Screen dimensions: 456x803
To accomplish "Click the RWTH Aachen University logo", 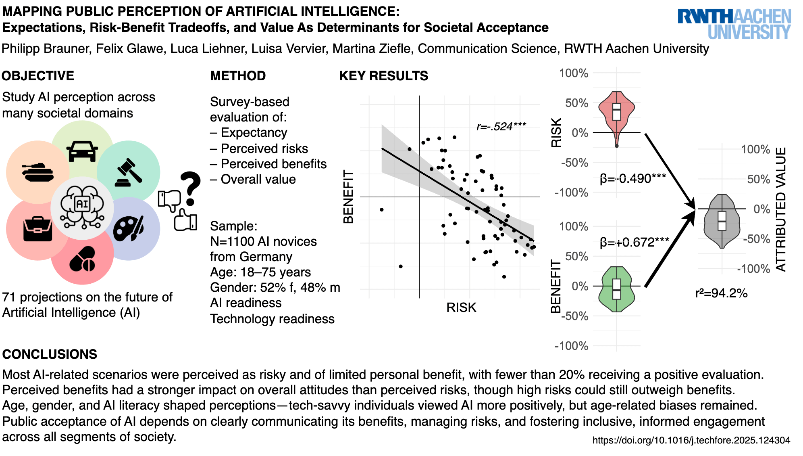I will pos(734,24).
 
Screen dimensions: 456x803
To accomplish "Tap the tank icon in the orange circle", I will pos(38,172).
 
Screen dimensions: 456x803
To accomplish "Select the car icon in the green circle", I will pos(82,151).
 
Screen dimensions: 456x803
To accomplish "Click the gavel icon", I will pos(129,172).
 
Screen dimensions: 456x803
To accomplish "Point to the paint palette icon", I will pos(129,229).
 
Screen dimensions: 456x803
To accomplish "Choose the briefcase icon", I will pos(37,229).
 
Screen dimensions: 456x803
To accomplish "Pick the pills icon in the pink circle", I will pos(82,259).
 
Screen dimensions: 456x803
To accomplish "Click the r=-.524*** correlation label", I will pos(501,127).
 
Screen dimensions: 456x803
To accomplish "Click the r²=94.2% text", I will pos(721,293).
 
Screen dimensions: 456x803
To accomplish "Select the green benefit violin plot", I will pos(617,289).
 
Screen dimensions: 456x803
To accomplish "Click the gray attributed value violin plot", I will pos(722,221).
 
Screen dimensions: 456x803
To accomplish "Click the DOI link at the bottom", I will pos(691,440).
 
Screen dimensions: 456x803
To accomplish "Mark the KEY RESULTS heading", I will pos(384,76).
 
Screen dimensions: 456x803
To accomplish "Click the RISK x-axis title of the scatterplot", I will pos(461,307).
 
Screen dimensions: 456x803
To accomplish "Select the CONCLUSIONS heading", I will pos(50,354).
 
